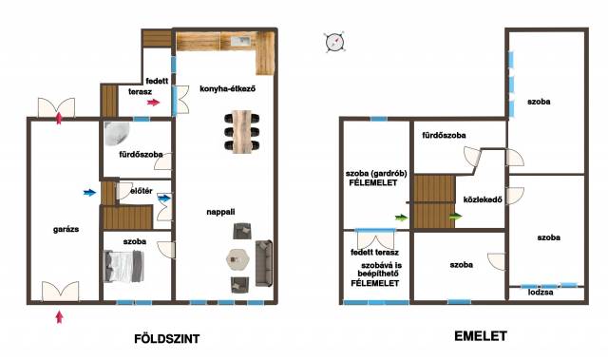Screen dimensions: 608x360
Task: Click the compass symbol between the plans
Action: click(334, 42)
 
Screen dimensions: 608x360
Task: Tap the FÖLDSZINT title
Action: click(167, 339)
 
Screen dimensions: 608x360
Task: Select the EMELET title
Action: click(481, 336)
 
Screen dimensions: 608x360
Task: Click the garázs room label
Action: click(66, 230)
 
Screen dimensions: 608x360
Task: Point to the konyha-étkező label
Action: click(228, 88)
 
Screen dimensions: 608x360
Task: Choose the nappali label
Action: click(220, 212)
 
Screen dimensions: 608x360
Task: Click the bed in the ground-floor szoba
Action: click(123, 266)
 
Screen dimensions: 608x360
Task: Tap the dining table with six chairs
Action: click(242, 132)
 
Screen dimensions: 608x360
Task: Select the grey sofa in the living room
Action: click(264, 263)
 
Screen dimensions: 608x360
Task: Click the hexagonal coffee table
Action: click(238, 259)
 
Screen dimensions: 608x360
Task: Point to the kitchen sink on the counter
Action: click(241, 40)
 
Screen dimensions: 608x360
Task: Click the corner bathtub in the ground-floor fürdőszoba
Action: click(117, 134)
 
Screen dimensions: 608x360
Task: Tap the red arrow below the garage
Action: click(59, 316)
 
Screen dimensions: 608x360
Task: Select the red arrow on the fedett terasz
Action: click(154, 103)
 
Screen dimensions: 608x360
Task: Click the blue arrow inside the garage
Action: click(90, 193)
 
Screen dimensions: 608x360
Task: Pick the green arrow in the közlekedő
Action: click(456, 217)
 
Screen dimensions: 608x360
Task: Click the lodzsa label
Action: click(541, 293)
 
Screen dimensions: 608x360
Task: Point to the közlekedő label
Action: click(483, 199)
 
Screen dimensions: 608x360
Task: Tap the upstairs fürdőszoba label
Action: click(444, 135)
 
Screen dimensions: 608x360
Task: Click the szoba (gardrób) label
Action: click(376, 174)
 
